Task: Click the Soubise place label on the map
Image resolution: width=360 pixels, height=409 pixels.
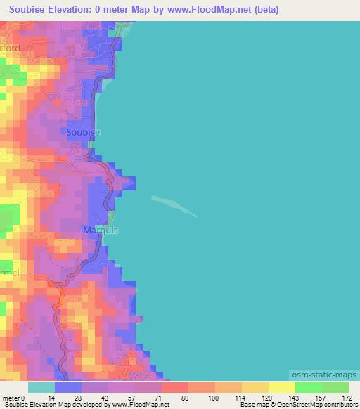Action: pos(83,132)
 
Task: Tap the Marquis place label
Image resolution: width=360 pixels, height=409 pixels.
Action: pos(101,230)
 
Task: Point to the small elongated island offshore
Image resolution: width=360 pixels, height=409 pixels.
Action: pos(174,205)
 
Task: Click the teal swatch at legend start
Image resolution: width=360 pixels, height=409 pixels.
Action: pos(41,387)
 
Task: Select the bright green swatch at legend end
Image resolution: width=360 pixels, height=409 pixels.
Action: pos(335,387)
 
